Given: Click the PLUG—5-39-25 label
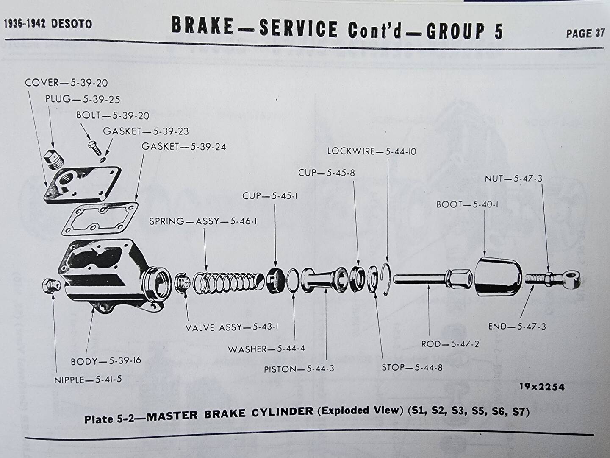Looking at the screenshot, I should pos(83,99).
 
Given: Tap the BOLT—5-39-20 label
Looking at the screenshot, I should pos(113,115).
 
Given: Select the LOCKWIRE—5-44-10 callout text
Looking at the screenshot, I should pos(372,151).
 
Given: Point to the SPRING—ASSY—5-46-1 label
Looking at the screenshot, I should pos(203,221).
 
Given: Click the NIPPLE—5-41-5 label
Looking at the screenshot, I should pos(88,380).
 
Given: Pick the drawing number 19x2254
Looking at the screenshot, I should pos(542,387).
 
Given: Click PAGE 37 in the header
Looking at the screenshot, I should pos(585,34).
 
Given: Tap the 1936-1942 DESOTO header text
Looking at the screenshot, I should pos(48,24).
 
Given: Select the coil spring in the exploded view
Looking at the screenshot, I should pos(226,282).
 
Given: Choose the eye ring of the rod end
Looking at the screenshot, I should pos(571,279).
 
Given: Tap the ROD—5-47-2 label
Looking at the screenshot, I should pos(450,344).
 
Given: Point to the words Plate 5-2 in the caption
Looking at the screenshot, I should pos(109,419).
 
